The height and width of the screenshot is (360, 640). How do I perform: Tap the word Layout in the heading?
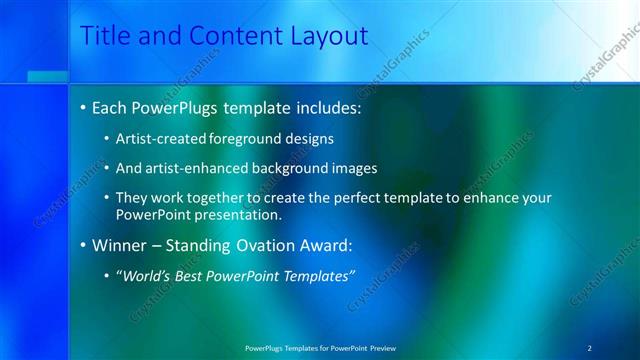coord(326,36)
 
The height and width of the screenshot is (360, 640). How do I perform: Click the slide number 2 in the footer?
coord(590,347)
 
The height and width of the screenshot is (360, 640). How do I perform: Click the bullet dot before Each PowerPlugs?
coord(81,107)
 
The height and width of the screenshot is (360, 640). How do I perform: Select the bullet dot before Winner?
coord(81,244)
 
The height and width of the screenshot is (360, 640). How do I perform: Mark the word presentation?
coord(246,214)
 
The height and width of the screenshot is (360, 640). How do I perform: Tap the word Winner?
coord(118,244)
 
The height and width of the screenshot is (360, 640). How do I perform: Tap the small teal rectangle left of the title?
coord(47,77)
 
